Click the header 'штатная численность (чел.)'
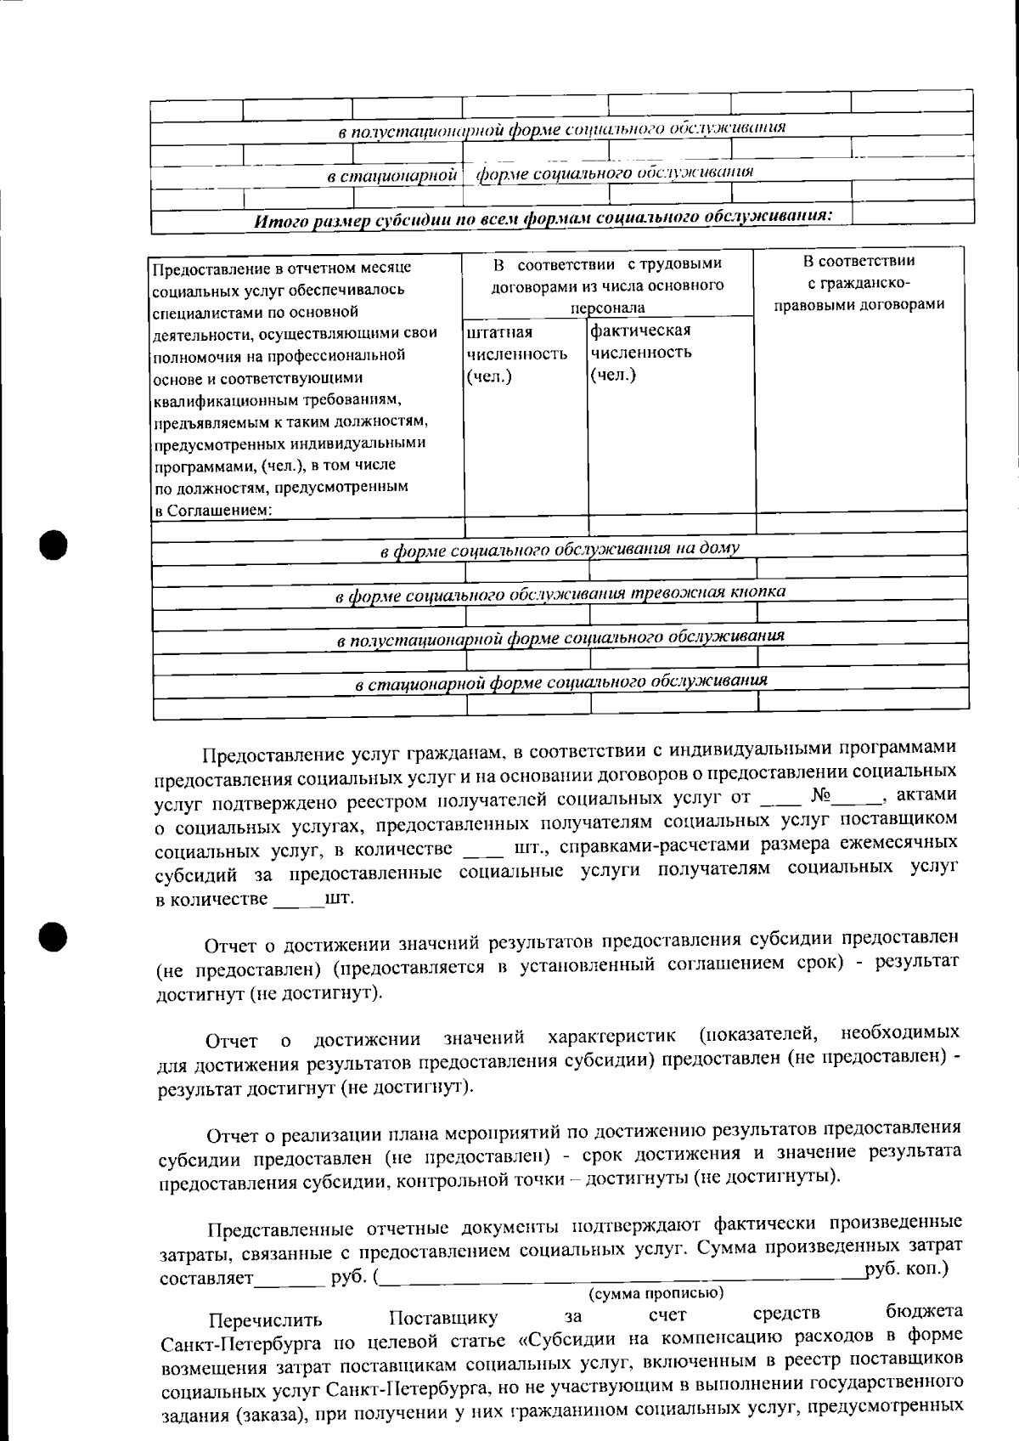pyautogui.click(x=516, y=353)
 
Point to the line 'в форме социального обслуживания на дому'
pyautogui.click(x=560, y=549)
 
